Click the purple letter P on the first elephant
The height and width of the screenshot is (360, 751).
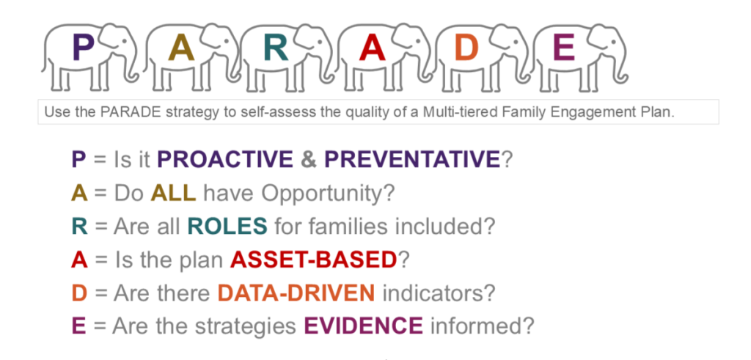(82, 48)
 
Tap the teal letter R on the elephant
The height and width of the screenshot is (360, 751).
(276, 48)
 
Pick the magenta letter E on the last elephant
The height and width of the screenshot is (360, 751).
(564, 48)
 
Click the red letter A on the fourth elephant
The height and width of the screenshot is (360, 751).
(373, 48)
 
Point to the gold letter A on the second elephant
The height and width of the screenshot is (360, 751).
(180, 48)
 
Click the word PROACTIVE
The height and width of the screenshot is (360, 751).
(225, 159)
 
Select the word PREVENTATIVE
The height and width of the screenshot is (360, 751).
(412, 159)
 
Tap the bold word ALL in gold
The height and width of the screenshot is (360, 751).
(173, 193)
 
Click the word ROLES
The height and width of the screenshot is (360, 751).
(227, 227)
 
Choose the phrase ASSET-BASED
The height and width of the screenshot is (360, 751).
(314, 260)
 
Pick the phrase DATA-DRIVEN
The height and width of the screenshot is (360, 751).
(296, 293)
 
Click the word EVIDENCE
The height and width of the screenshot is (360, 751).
(364, 326)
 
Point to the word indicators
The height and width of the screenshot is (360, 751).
(438, 293)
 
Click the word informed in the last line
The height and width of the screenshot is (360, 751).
(482, 326)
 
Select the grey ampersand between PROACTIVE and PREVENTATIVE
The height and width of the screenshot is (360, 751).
(309, 159)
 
